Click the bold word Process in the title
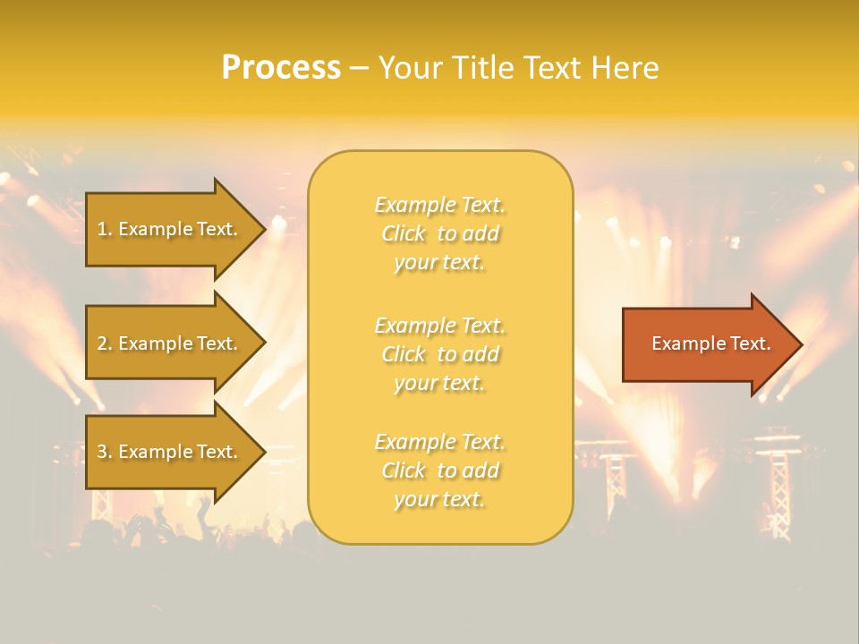coord(281,68)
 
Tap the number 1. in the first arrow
coord(105,229)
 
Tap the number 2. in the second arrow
coord(105,343)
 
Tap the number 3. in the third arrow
coord(105,452)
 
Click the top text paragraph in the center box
coord(440,233)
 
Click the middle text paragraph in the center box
coord(440,354)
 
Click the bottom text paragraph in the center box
coord(440,470)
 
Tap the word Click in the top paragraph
coord(404,234)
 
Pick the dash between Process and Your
coord(359,68)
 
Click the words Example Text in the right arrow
coord(711,343)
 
